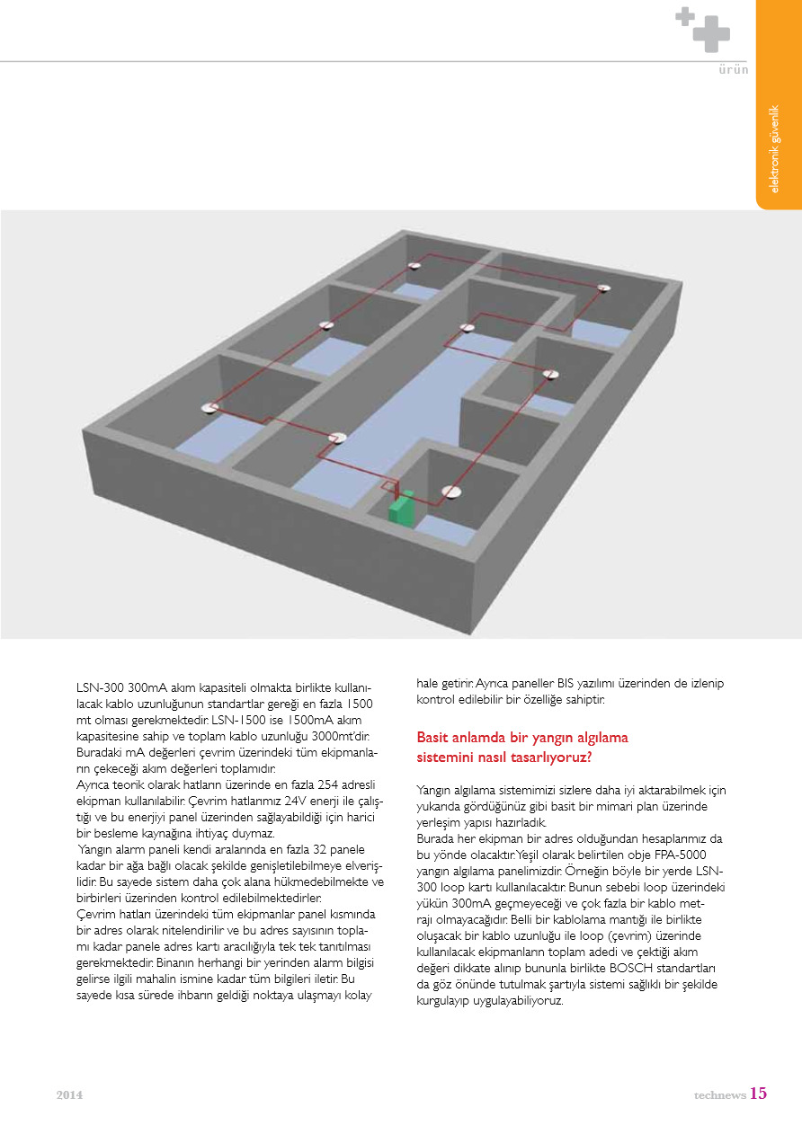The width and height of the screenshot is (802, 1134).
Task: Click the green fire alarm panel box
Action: pos(401,509)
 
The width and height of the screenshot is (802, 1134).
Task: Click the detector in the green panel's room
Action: pos(451,492)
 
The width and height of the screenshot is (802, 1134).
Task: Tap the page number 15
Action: pos(759,1094)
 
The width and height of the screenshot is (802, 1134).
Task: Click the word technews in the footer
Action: pos(718,1095)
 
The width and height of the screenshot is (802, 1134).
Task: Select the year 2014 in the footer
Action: pos(69,1095)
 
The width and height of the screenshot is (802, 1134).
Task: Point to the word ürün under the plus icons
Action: pos(733,70)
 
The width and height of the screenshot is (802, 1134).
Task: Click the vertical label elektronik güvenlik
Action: pos(774,149)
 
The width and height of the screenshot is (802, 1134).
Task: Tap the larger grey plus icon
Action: pos(711,33)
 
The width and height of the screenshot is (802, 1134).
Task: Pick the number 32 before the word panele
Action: pos(310,850)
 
